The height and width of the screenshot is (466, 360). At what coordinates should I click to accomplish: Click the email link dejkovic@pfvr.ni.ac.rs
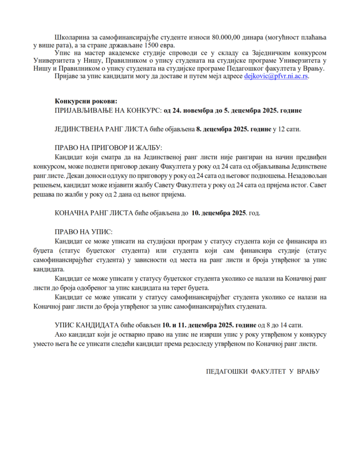tap(276, 77)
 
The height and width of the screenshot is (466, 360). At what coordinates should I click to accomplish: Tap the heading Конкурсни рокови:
tap(86, 101)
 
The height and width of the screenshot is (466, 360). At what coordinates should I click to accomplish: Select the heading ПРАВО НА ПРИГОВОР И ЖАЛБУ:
tap(108, 147)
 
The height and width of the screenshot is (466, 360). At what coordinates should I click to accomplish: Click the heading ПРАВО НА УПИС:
tap(83, 231)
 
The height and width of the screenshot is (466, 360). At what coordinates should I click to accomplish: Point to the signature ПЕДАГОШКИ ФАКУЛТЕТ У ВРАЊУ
tap(263, 371)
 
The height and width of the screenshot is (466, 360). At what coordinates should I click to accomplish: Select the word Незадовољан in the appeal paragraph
tap(306, 175)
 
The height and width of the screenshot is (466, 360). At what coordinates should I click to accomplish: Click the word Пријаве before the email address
tap(69, 77)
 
